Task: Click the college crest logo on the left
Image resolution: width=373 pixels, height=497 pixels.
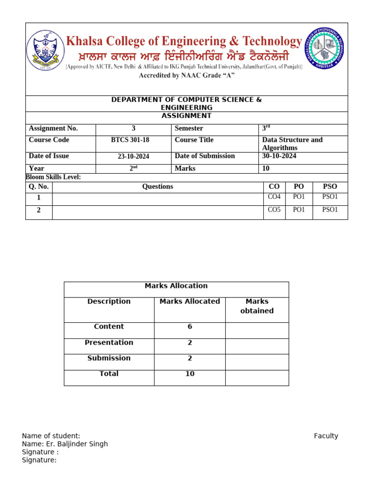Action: click(45, 50)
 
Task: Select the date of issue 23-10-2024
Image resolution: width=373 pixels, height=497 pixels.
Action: click(134, 157)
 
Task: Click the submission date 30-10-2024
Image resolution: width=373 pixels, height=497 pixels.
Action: click(279, 156)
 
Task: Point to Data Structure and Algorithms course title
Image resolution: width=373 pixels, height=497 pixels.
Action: click(292, 144)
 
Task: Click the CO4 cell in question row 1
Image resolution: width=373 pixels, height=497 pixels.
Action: click(274, 197)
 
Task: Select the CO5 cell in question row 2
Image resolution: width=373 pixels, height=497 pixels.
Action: click(274, 210)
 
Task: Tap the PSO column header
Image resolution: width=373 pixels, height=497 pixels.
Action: click(330, 187)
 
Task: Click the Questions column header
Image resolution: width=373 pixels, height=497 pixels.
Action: click(157, 187)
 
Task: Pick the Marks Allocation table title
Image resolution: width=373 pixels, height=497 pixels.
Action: click(176, 286)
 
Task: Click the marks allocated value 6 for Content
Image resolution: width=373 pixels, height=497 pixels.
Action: click(190, 327)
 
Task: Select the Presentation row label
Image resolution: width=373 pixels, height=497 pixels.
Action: click(109, 343)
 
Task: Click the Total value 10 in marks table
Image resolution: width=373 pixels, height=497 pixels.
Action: click(190, 374)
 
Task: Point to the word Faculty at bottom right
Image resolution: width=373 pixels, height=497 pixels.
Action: click(326, 436)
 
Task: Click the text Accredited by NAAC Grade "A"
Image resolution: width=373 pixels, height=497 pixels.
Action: click(187, 76)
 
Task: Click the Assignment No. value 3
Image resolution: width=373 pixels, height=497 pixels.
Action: click(134, 129)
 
